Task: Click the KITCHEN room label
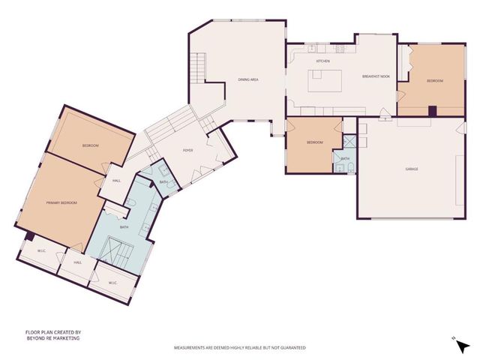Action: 322,61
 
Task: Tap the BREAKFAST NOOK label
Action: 375,76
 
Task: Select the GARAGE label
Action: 412,169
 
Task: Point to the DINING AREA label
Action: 248,79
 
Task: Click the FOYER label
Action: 188,150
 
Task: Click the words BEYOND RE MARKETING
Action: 52,338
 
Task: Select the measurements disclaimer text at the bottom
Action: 240,348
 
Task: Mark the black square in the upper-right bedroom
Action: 432,111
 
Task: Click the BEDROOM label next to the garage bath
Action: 314,142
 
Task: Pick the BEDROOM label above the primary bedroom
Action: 91,145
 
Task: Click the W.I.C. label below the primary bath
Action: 112,283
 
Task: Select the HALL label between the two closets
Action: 77,263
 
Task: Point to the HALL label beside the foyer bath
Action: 116,181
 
